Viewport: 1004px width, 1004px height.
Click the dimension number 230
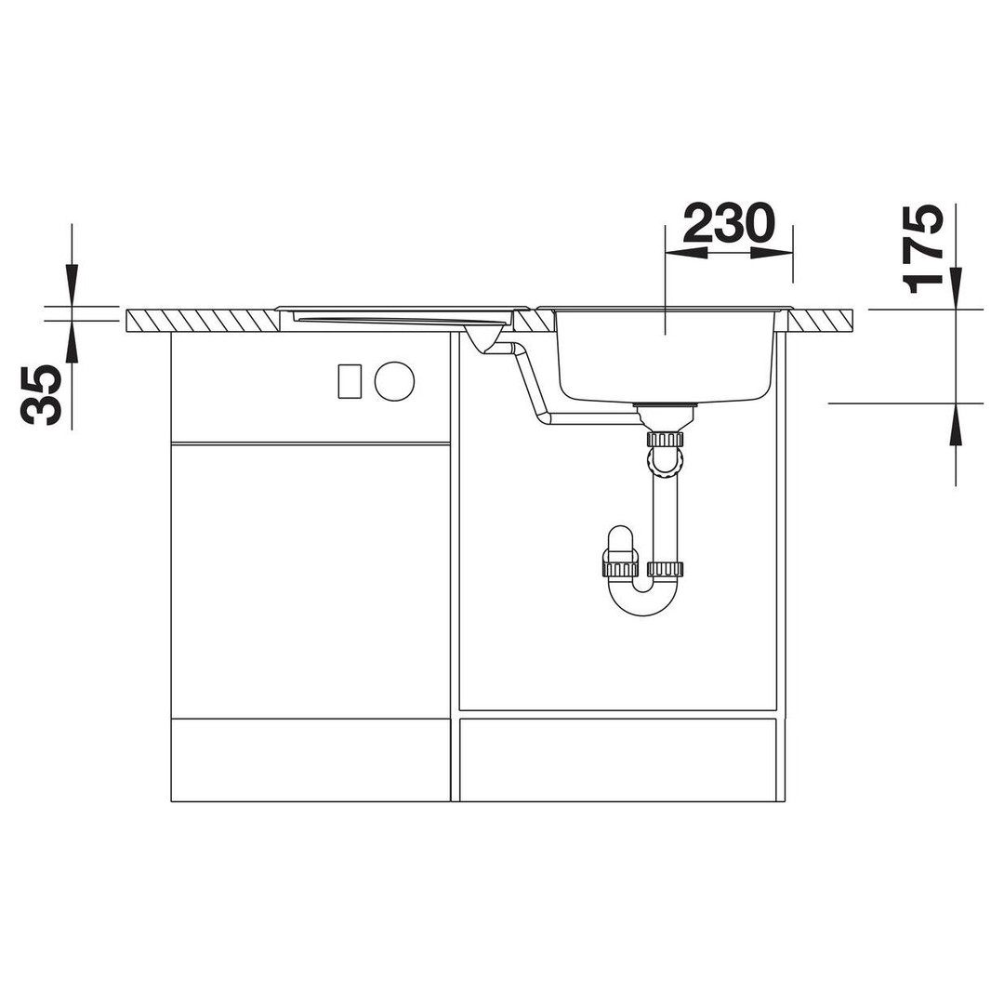[x=730, y=223]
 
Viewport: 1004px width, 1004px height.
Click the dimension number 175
[x=922, y=248]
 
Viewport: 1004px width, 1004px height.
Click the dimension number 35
[x=42, y=395]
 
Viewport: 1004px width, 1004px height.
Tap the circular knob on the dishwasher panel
[x=394, y=380]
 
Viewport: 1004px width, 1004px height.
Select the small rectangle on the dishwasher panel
[x=350, y=380]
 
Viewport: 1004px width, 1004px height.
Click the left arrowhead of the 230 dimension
[x=686, y=253]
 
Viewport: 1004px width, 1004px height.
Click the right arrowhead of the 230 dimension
[x=773, y=253]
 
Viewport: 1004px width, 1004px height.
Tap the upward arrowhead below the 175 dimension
[x=956, y=424]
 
